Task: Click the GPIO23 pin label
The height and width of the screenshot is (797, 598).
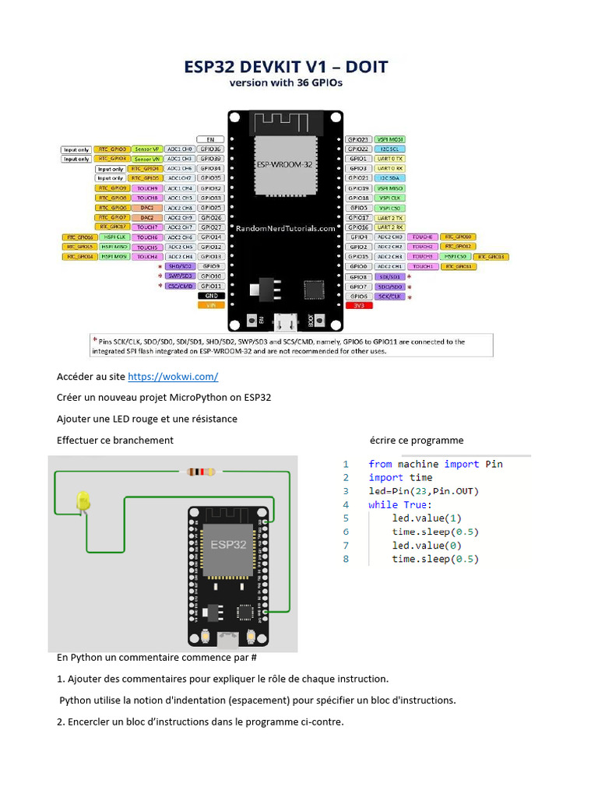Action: pos(359,139)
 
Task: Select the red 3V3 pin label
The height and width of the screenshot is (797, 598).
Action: pos(359,306)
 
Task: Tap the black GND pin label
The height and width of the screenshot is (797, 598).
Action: pos(210,296)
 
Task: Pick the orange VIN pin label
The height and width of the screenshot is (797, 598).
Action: pos(210,306)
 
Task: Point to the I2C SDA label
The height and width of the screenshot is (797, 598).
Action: pos(389,178)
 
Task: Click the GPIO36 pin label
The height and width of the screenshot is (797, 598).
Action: pos(210,149)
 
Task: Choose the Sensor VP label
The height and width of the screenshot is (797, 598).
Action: pos(146,149)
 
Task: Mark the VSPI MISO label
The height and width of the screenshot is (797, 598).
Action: pos(389,188)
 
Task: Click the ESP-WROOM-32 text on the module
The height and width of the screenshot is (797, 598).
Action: pos(284,165)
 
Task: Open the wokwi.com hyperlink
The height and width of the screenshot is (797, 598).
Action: pos(173,377)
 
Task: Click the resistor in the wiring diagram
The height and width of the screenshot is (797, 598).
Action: pos(202,472)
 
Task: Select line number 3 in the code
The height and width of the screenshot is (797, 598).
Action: pos(346,491)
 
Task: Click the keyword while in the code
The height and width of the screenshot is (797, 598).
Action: pos(383,504)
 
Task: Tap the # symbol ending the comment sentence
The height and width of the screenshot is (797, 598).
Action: pos(233,658)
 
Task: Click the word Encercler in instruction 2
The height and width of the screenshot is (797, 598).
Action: pos(88,722)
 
